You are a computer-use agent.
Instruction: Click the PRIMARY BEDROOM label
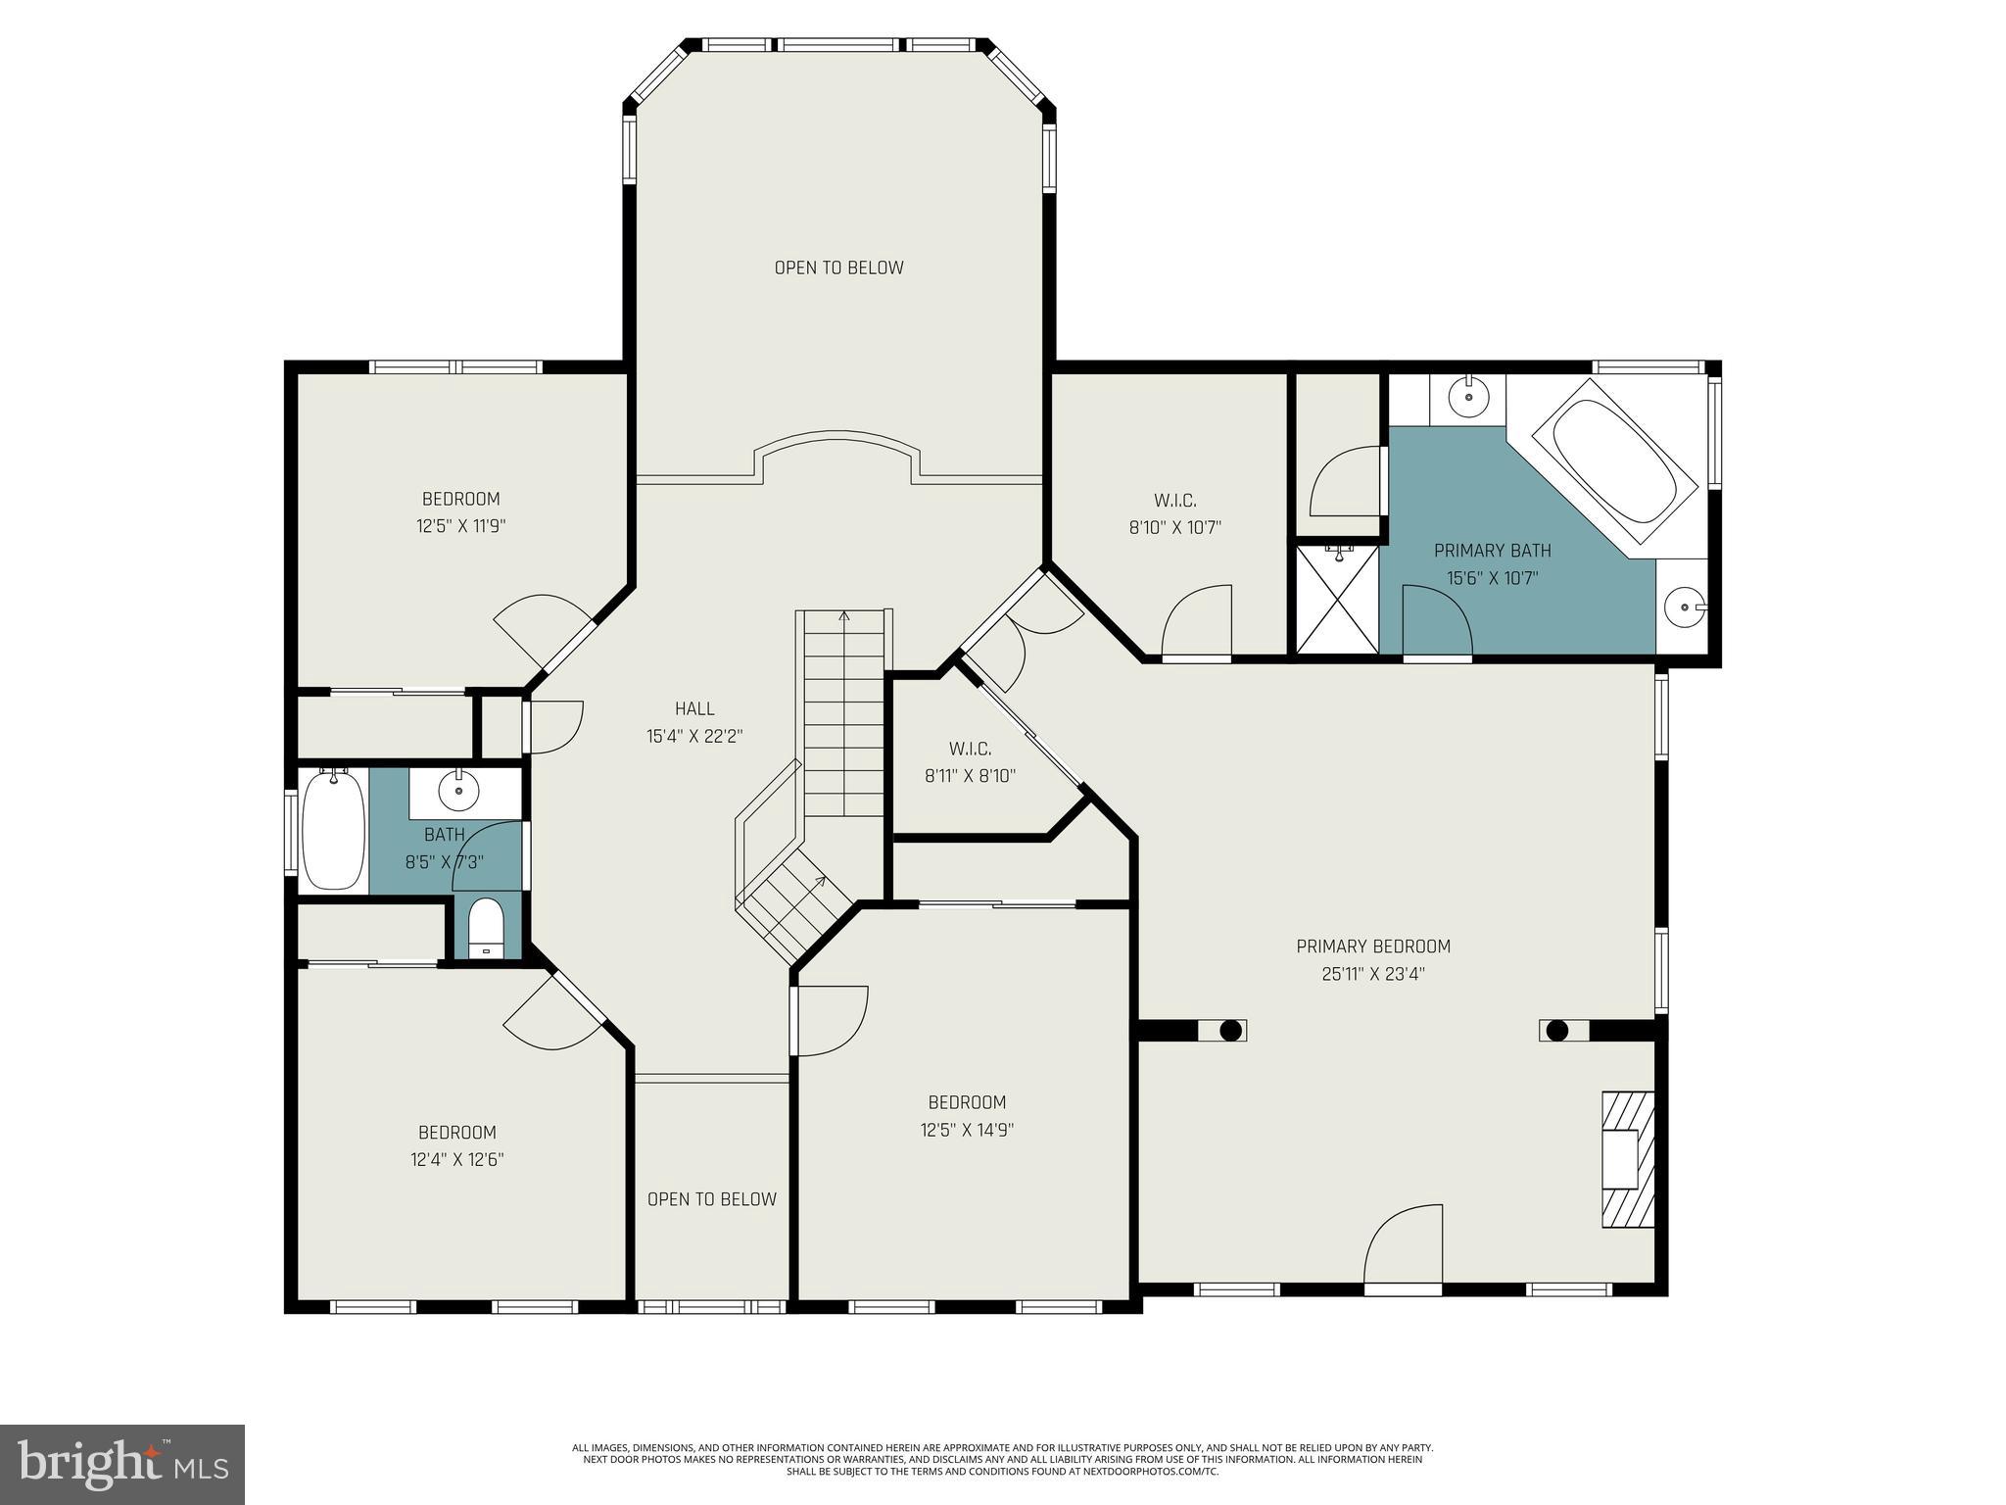click(1372, 947)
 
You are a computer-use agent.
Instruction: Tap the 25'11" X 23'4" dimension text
click(1372, 974)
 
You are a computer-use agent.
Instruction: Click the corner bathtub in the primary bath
click(1614, 464)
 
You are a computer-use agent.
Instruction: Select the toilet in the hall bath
click(485, 926)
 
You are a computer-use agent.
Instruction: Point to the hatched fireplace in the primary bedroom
click(1627, 1159)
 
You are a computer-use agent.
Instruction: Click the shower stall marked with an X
click(1337, 599)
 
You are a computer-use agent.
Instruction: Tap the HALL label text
click(694, 708)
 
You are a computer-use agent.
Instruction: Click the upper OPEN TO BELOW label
click(838, 267)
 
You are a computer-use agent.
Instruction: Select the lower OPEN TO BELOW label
click(712, 1199)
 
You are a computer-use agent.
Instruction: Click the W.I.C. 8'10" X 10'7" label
click(1174, 514)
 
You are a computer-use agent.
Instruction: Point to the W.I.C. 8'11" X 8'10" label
click(970, 762)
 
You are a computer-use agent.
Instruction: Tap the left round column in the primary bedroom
click(1231, 1031)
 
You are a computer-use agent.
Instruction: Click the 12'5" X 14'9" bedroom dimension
click(966, 1130)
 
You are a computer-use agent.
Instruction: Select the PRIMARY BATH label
click(1492, 551)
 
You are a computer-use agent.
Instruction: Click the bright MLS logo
click(122, 1465)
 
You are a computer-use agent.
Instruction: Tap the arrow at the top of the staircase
click(844, 616)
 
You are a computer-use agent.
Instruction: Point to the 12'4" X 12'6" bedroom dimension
click(456, 1160)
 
